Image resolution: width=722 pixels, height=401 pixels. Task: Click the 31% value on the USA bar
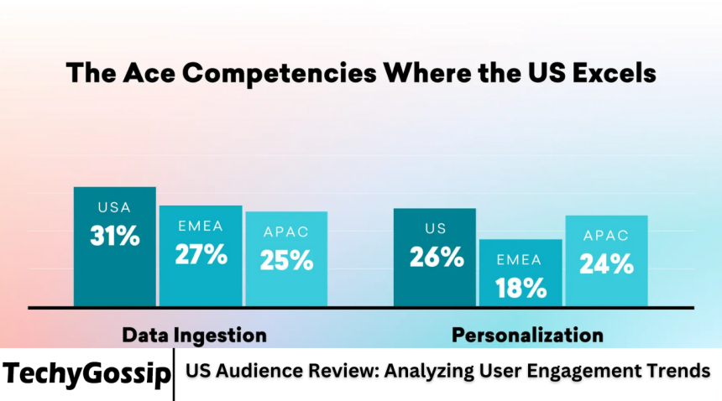coord(115,237)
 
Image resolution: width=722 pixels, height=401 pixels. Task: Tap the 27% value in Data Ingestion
coord(201,254)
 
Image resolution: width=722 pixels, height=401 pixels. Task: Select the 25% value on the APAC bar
coord(286,260)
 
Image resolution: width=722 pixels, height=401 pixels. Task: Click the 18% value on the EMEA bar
coord(521,289)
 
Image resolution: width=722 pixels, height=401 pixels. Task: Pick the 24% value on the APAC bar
coord(606,264)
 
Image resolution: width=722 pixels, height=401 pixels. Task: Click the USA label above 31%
coord(115,207)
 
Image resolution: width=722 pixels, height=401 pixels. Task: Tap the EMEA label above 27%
coord(201,226)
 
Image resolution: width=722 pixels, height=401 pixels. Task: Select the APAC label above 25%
coord(286,232)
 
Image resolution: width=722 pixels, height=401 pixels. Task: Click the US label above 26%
coord(436,228)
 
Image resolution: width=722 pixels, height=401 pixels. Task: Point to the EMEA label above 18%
coord(521,259)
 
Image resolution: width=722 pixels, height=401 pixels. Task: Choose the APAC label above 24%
coord(606,236)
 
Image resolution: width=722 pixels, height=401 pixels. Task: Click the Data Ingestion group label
coord(195,336)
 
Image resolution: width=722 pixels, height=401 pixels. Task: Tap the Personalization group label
coord(527,336)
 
